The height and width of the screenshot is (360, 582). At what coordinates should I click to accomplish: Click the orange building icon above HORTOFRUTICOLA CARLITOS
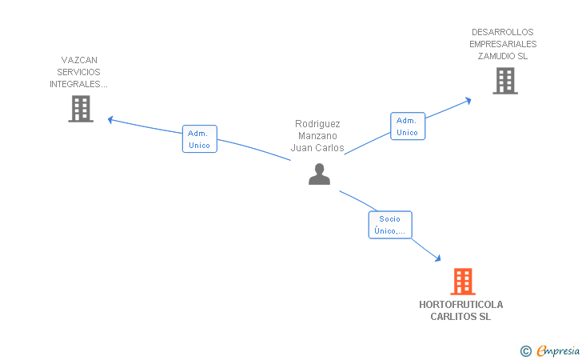pos(463,282)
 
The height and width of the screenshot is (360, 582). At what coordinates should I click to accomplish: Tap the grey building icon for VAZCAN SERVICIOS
pos(81,109)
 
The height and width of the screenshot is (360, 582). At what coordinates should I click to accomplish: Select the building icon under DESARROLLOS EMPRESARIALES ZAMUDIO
pos(505,81)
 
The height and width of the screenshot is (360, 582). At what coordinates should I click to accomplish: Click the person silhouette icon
pos(319,174)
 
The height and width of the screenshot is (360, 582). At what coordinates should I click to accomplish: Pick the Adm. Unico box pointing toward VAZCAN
pos(200,139)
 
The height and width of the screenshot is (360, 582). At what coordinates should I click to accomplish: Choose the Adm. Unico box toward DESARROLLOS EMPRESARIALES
pos(408,126)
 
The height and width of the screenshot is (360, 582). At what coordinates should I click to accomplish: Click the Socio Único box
pos(390,225)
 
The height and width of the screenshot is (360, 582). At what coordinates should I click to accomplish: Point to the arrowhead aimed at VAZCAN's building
pos(110,120)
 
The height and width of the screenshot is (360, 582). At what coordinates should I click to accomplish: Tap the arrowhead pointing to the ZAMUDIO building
pos(468,100)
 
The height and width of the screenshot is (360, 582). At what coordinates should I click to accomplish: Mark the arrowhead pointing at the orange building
pos(438,258)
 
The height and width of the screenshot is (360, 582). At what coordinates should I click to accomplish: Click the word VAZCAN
pos(79,60)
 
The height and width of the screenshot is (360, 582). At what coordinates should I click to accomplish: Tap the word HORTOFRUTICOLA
pos(461,305)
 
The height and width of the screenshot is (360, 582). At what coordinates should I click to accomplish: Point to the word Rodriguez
pos(317,124)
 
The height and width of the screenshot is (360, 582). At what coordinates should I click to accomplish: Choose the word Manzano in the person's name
pos(317,136)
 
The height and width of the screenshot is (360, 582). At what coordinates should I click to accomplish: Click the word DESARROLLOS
pos(503,32)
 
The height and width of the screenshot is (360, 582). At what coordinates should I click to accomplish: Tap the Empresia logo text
pos(558,350)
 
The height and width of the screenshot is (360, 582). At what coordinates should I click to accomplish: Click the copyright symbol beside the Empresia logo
pos(526,351)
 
